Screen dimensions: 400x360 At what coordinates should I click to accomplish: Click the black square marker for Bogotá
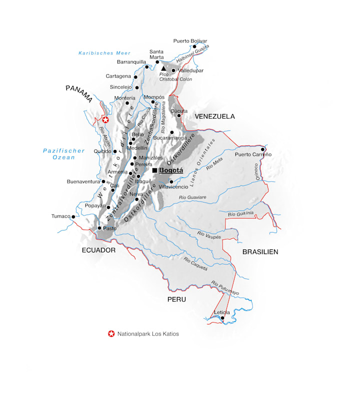155,170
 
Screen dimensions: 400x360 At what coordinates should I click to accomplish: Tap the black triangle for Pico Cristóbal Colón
163,67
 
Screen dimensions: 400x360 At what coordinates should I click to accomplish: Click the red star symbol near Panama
105,120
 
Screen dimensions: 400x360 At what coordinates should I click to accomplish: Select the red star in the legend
111,333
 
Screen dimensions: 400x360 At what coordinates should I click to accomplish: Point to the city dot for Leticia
222,317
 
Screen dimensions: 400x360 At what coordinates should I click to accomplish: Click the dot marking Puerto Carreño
262,149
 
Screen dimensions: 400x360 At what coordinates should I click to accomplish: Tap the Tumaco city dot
73,216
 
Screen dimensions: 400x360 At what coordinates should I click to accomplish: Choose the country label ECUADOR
98,250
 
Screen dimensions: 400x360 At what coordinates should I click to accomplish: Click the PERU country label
176,299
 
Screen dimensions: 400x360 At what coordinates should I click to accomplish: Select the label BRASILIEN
260,251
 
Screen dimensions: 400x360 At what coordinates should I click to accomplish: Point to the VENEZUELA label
214,116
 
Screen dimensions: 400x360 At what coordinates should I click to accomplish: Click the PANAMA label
79,92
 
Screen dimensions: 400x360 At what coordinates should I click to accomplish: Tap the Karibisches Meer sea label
104,53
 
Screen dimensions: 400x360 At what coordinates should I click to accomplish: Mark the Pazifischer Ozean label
59,154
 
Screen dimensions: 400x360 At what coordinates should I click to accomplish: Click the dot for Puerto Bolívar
194,46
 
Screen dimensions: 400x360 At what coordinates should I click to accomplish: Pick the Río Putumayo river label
225,288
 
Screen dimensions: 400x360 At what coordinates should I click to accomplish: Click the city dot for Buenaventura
103,181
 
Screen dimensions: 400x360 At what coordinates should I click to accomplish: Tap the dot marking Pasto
99,228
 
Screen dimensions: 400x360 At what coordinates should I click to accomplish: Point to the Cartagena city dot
135,76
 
